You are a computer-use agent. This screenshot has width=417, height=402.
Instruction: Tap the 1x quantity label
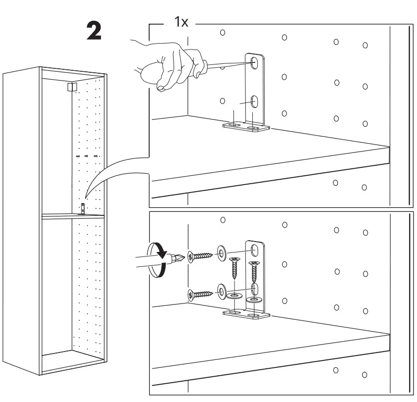[180, 23]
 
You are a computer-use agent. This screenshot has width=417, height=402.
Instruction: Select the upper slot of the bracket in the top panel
[255, 63]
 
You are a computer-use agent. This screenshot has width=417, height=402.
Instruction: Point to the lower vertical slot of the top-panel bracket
[255, 101]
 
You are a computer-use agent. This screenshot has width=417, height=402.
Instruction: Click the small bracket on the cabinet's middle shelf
[83, 208]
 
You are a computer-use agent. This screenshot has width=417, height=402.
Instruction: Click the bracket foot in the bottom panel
[246, 314]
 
